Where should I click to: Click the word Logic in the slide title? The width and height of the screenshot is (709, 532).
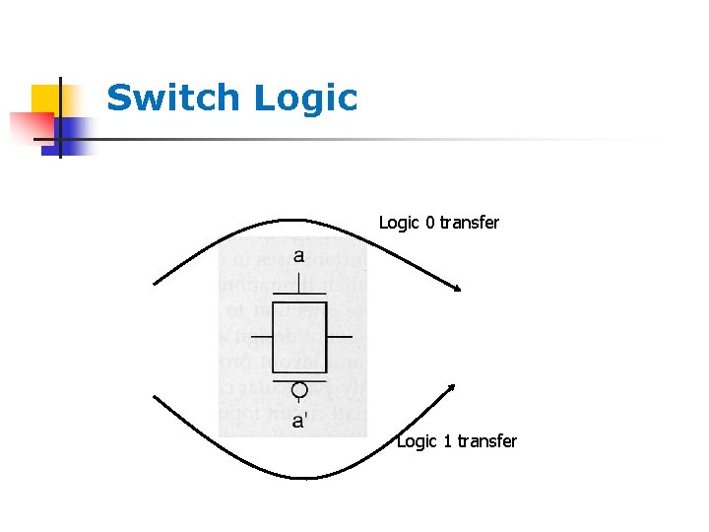(x=304, y=99)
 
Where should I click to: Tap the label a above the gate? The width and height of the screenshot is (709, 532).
(x=297, y=256)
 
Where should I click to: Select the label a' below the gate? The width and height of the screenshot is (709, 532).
(x=299, y=421)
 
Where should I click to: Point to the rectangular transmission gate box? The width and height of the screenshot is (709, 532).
(x=299, y=337)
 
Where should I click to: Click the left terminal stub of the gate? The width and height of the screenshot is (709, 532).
(x=261, y=337)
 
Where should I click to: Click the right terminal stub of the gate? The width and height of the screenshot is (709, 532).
(x=339, y=337)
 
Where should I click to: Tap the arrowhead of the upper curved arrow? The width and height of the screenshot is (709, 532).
(x=457, y=288)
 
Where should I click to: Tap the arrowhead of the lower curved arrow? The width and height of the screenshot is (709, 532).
(x=451, y=387)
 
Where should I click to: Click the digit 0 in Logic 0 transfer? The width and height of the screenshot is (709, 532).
(x=429, y=223)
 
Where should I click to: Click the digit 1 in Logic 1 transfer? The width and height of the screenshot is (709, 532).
(x=447, y=441)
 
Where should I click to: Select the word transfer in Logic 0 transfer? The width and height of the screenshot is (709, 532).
(x=470, y=223)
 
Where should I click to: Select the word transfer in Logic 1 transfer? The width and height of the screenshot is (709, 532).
(x=487, y=441)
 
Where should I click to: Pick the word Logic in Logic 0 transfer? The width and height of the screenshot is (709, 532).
(x=400, y=223)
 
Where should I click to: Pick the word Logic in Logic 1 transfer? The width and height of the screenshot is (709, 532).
(x=418, y=441)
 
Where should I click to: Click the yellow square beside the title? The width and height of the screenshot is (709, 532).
(x=46, y=100)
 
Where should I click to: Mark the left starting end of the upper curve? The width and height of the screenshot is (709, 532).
(x=155, y=284)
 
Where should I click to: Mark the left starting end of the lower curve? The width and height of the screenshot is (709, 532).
(x=155, y=397)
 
